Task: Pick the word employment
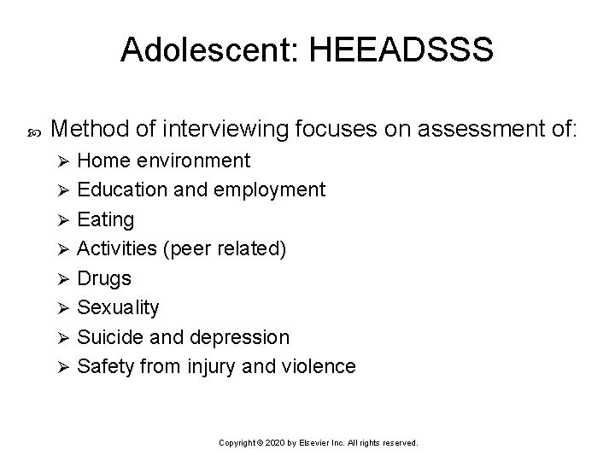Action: coord(272,190)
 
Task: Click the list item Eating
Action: coord(106,220)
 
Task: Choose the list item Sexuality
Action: coord(118,307)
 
